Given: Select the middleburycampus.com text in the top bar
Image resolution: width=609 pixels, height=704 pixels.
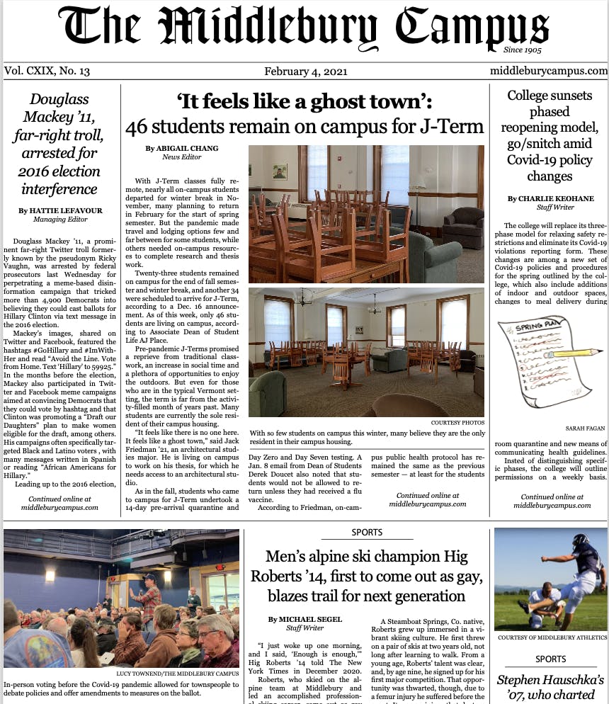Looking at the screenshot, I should (548, 71).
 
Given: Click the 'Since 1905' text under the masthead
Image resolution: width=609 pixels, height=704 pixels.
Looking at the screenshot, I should (523, 50).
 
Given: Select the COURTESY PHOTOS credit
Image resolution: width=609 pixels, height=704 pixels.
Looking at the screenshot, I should (457, 423).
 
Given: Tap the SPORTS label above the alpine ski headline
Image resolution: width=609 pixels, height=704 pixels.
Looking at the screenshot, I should (366, 532).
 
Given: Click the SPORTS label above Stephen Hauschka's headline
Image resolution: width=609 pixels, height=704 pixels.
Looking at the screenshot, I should (550, 659).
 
